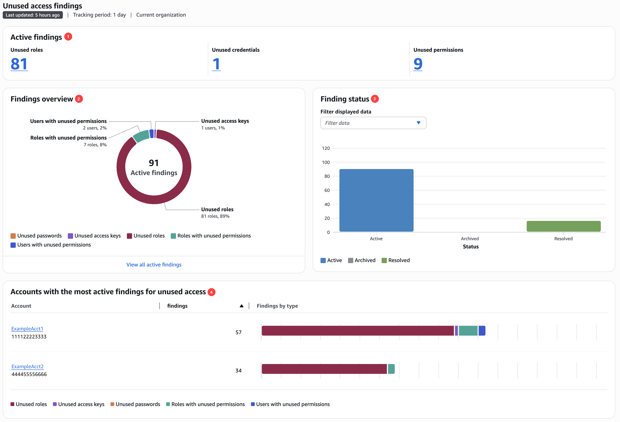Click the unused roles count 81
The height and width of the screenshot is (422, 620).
pos(19,64)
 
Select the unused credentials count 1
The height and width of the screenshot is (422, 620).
pos(216,64)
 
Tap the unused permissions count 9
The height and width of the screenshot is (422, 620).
pos(418,64)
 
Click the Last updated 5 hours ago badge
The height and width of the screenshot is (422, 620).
pos(33,15)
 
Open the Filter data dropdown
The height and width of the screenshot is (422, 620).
pos(373,123)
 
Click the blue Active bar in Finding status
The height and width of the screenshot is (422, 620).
pos(376,200)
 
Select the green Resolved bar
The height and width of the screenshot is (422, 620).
pos(564,226)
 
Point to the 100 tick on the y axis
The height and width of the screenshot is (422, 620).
pos(326,162)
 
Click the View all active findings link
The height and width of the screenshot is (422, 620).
pos(154,265)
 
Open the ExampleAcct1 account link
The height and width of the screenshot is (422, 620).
pos(27,328)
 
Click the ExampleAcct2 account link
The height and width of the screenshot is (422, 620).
pos(28,367)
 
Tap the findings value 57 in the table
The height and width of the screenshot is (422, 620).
pos(238,332)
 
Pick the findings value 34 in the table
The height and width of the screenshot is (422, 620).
pos(238,371)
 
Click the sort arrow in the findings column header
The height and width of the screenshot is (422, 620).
pos(242,306)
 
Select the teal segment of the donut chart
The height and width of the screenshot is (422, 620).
pos(141,136)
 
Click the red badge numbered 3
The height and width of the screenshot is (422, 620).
pos(374,99)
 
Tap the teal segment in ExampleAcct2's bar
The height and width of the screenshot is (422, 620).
pos(391,369)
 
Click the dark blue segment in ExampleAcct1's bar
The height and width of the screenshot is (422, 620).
pos(482,331)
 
